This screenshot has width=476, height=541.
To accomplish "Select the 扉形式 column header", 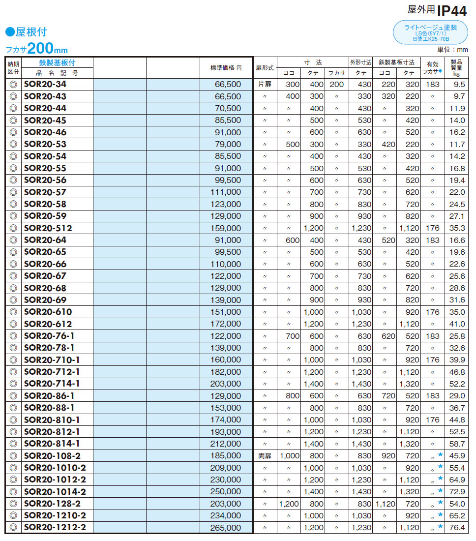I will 265,68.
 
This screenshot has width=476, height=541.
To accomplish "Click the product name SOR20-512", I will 48,228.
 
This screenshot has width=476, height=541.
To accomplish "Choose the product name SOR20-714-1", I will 52,384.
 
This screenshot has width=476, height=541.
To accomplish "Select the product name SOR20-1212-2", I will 55,528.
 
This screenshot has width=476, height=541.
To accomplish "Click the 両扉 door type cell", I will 265,456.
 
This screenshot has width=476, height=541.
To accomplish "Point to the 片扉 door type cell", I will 265,85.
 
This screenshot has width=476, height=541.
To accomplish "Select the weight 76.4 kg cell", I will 457,528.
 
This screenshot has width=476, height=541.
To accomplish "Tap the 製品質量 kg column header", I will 456,68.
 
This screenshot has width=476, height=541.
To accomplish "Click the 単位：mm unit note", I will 452,50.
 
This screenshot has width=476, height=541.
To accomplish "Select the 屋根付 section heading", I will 27,32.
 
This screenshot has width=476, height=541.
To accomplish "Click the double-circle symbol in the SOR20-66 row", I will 13,264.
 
